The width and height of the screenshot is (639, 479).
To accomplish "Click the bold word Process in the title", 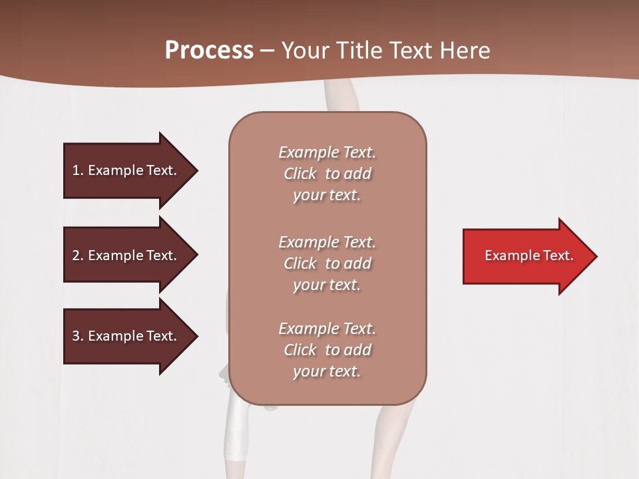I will point(209,51).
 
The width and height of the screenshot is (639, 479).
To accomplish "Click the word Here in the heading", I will point(465,51).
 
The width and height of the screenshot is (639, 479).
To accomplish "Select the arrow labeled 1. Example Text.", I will point(126,170).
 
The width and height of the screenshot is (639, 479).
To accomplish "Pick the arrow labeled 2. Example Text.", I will point(126,255).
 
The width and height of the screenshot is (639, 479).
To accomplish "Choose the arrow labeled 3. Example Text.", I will point(126,336).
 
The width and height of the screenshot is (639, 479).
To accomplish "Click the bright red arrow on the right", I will point(526,255).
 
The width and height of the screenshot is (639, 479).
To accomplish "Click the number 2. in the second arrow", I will point(77,255).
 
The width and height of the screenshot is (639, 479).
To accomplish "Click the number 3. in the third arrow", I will point(77,336).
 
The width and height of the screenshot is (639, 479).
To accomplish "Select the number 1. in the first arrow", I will point(77,170).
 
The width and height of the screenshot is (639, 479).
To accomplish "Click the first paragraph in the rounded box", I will point(327,174).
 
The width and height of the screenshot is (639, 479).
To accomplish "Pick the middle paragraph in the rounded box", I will point(327,263).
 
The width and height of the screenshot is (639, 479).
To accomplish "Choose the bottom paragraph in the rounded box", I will point(327,350).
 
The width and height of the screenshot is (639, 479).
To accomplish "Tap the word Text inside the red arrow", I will point(559,255).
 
